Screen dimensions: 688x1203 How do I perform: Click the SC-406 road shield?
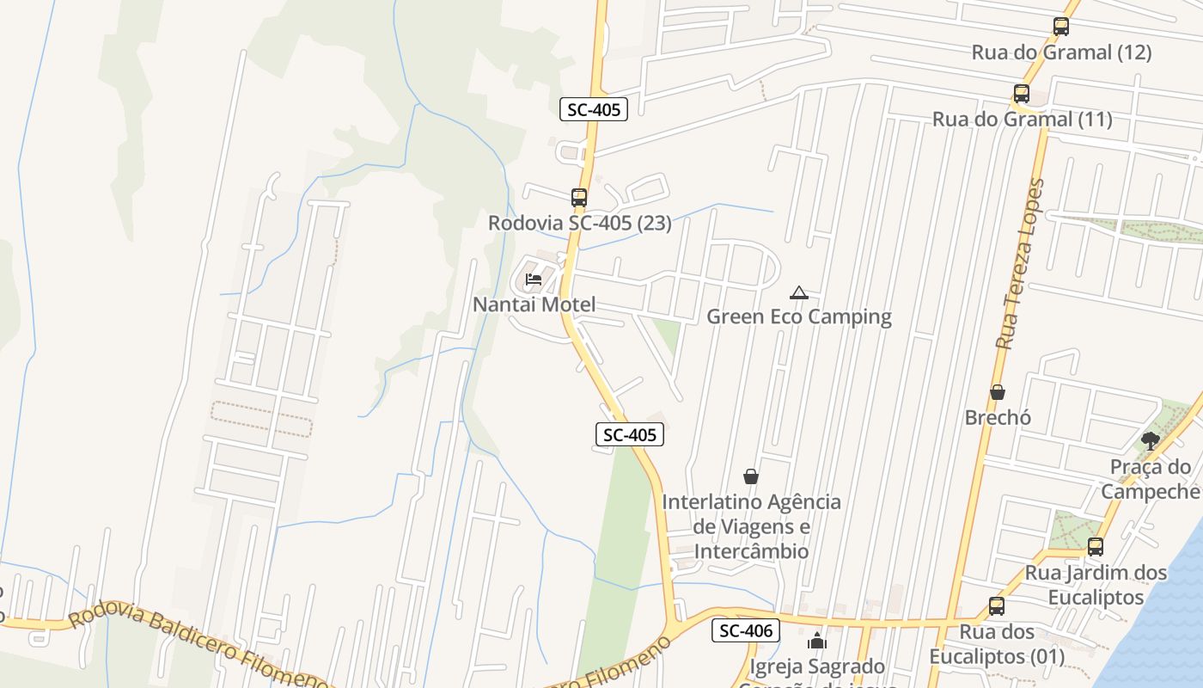[745, 630]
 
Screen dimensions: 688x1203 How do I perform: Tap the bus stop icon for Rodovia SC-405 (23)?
[579, 198]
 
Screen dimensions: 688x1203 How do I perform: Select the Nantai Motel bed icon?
[534, 279]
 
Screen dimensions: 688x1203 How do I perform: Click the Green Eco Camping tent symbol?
[799, 292]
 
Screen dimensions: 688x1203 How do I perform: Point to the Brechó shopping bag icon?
[998, 392]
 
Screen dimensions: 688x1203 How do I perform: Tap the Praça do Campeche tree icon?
[1151, 441]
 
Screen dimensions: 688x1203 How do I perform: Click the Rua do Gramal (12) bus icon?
[1061, 27]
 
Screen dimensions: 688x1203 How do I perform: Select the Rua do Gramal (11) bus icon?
[1022, 94]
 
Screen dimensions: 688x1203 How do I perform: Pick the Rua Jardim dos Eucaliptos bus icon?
[1096, 546]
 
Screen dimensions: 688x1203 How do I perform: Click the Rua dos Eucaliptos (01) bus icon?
[997, 606]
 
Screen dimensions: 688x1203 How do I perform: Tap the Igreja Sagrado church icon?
[816, 641]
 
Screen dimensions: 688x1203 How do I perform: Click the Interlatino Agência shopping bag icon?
[751, 476]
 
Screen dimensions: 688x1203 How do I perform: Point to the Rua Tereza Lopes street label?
[1021, 263]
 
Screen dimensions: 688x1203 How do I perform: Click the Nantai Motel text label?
[534, 304]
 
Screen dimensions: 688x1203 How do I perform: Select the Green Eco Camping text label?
[799, 316]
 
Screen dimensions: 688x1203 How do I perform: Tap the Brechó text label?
[998, 417]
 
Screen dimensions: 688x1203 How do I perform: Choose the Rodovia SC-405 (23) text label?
[580, 223]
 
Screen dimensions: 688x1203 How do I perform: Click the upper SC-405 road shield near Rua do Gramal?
[594, 109]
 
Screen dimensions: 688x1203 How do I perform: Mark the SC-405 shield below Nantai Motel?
[630, 435]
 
